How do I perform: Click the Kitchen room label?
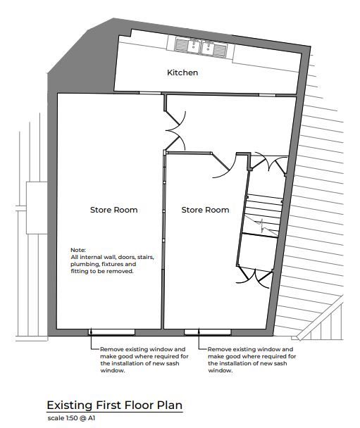182,73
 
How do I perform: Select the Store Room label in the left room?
113,210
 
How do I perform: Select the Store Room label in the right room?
205,210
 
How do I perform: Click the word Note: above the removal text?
78,250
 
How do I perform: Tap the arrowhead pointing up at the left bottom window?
92,337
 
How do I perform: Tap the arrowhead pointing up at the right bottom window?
200,337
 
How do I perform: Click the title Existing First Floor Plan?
114,405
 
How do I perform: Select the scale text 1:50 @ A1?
71,417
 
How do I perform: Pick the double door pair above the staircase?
271,164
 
